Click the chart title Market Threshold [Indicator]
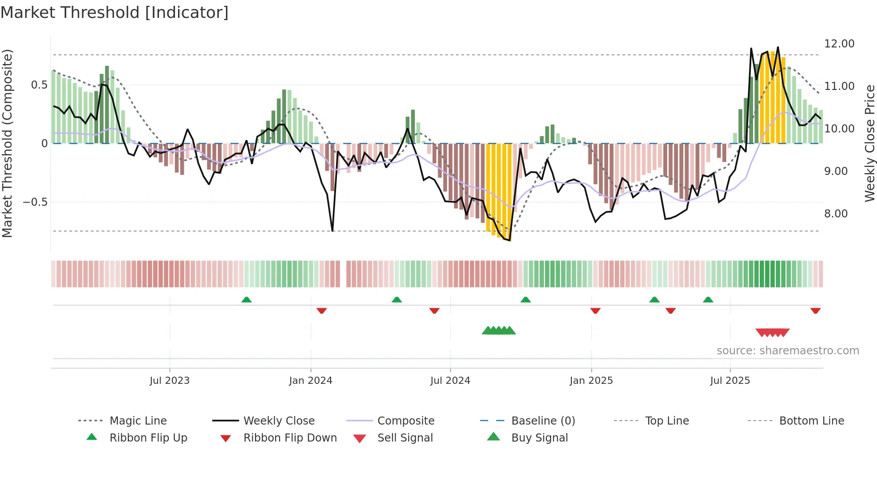pos(115,13)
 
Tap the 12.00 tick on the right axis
pos(839,44)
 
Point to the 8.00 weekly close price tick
pos(836,214)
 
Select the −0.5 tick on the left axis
pos(35,202)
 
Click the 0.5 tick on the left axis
pos(39,85)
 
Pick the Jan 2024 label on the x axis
pos(311,381)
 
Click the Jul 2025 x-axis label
pos(730,381)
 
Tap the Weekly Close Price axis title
pos(869,143)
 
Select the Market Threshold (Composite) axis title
pos(7,143)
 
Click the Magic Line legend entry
pos(138,421)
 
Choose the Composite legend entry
pos(405,421)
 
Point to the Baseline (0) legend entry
pos(543,421)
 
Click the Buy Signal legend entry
pos(539,438)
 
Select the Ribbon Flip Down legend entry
pos(289,438)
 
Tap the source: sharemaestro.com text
pos(788,351)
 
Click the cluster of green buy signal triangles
pos(498,331)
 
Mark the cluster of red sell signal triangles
pos(772,332)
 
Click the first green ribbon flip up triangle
pos(247,300)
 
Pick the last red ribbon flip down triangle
pos(815,310)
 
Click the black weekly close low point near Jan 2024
pos(332,231)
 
